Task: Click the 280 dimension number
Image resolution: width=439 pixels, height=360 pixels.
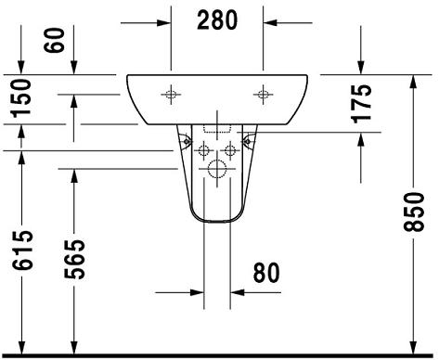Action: click(217, 20)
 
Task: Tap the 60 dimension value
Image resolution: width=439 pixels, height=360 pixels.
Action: click(55, 40)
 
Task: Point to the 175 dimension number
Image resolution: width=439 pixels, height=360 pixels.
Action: click(361, 103)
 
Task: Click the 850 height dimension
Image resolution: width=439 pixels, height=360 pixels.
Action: click(414, 212)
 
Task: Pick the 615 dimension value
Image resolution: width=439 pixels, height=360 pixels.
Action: click(22, 250)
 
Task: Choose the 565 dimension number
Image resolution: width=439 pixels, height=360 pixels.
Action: click(74, 259)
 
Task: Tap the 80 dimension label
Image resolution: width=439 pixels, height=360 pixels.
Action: click(266, 273)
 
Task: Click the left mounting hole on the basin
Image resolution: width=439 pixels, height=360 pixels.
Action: click(171, 94)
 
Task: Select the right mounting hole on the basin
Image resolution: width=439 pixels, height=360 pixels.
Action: click(263, 94)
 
